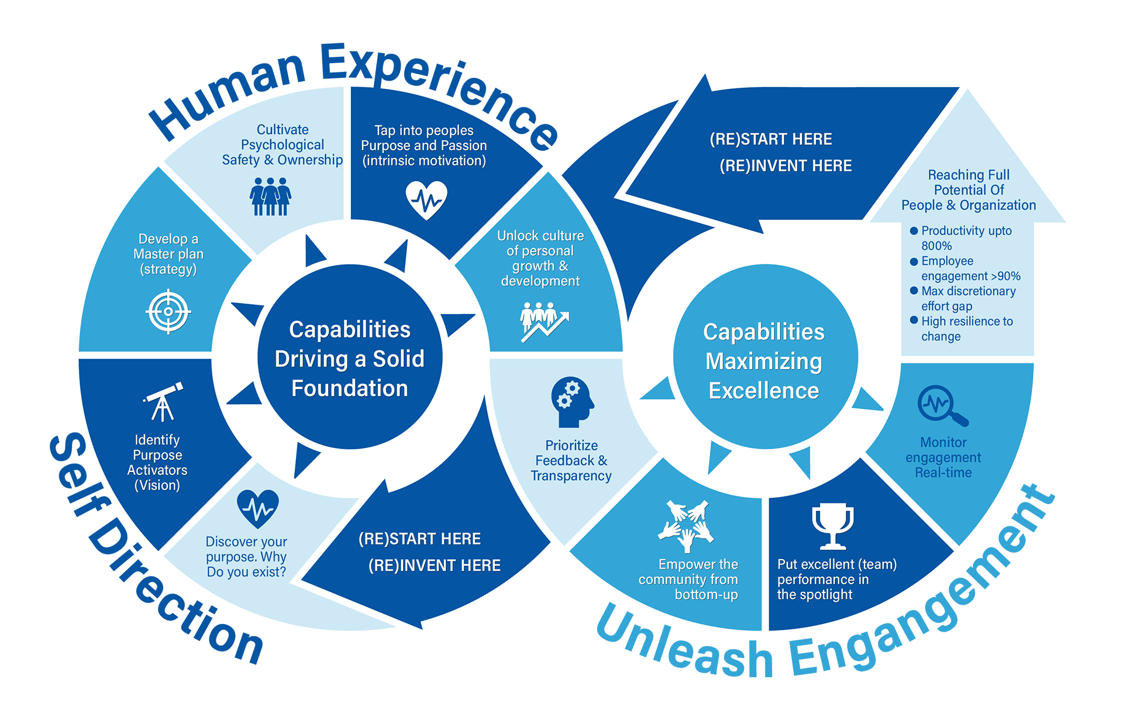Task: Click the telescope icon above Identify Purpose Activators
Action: point(163,402)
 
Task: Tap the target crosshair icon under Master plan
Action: point(168,311)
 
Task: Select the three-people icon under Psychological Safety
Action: point(270,196)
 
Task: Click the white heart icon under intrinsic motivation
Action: point(426,199)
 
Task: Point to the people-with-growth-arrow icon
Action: point(543,321)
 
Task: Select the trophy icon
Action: point(832,526)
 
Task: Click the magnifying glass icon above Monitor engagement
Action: point(942,405)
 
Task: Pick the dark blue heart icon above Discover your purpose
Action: point(258,508)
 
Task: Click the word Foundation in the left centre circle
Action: point(350,388)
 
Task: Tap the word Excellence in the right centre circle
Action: point(764,391)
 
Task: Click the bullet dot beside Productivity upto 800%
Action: point(914,231)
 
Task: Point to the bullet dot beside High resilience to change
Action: point(914,320)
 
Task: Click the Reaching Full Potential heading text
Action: point(969,189)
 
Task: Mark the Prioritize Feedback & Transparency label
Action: point(571,461)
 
